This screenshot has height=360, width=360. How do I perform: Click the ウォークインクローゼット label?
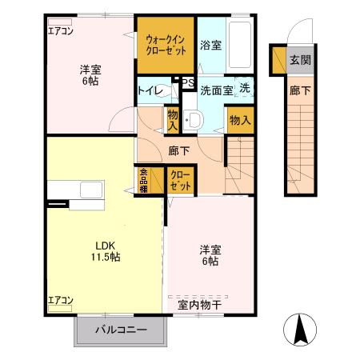point(165,45)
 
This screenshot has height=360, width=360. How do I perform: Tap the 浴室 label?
point(210,46)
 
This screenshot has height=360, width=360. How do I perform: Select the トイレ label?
point(151,91)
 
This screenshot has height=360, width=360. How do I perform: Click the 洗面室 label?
point(216,91)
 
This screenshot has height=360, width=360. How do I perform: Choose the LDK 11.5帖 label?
point(105,250)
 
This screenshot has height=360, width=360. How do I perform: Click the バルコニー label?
point(121,330)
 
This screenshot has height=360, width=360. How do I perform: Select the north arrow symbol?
point(301,330)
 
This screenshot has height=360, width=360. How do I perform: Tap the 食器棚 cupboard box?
point(144,181)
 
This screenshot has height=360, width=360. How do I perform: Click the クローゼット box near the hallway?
point(181,180)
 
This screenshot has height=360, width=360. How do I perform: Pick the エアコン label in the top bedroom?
point(61,32)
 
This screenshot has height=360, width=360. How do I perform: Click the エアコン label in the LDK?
point(61,301)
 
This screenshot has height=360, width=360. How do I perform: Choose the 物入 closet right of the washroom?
point(239,120)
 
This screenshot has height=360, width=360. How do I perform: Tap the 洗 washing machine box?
point(244,90)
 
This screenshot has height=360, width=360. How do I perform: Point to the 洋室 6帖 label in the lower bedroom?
point(210,255)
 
